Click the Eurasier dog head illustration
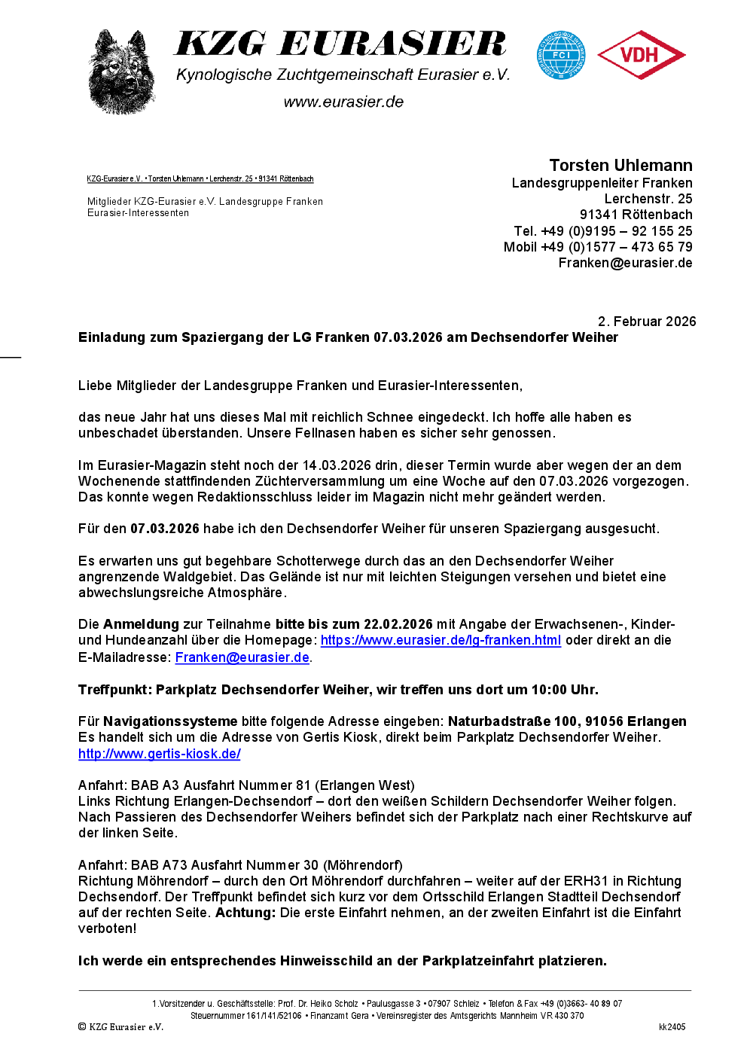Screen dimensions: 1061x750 pos(121,72)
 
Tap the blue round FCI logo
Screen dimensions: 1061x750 pos(561,55)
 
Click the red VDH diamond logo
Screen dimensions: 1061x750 pos(641,55)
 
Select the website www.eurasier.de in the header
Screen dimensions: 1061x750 pos(343,102)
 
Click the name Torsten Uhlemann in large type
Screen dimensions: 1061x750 pos(620,166)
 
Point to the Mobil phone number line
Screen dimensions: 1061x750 pos(598,247)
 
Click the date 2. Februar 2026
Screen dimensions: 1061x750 pos(647,322)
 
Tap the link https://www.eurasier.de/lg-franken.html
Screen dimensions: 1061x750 pos(441,640)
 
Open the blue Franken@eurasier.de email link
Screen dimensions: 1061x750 pos(242,657)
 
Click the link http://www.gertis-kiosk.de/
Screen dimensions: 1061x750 pos(160,754)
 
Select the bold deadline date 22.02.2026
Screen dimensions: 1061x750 pos(398,624)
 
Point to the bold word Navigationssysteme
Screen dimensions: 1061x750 pos(170,721)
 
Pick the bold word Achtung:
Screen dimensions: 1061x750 pos(245,913)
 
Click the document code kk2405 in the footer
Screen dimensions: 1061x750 pos(672,1027)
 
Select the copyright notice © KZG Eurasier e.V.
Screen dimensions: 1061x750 pos(120,1027)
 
